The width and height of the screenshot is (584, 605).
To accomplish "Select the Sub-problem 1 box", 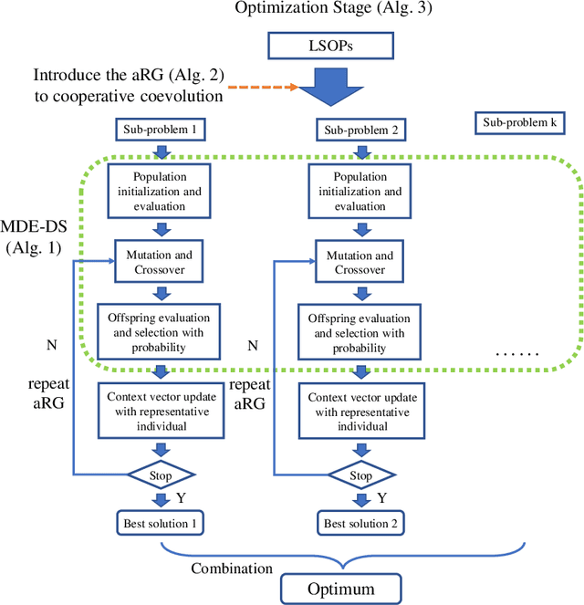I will coord(161,130).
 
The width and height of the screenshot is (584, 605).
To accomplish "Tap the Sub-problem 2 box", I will coord(361,130).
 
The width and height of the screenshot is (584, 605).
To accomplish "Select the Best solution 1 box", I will coord(161,523).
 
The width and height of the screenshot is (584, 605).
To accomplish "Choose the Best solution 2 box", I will coord(362,523).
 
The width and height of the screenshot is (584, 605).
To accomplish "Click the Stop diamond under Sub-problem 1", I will coord(161,475).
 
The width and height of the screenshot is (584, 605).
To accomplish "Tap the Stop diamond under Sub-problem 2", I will coord(362,475).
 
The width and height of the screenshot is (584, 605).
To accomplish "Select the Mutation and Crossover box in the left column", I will coord(161,262).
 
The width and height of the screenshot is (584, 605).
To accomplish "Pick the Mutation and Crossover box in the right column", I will coord(362,262).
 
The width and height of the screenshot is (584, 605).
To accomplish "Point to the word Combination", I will coord(231,568).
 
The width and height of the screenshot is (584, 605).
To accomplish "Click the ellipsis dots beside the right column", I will coord(516,353).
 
